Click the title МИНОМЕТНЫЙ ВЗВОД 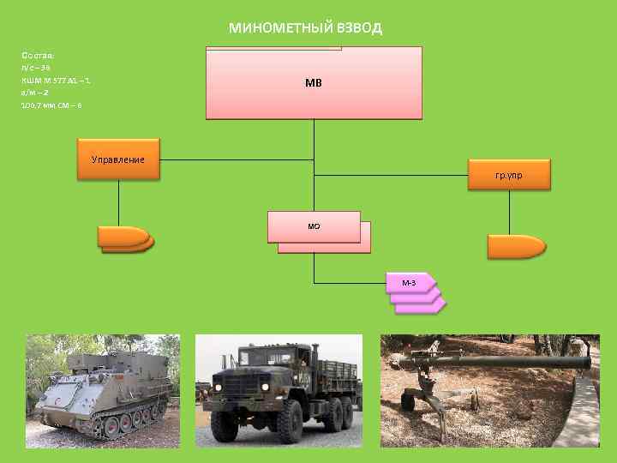click(x=305, y=27)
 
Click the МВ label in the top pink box click(x=314, y=83)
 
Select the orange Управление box click(x=118, y=159)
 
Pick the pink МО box click(x=314, y=226)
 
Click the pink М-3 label click(x=409, y=282)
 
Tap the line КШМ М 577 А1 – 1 click(x=57, y=80)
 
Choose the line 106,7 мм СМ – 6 click(x=51, y=105)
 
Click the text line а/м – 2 click(x=35, y=92)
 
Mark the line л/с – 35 click(x=36, y=67)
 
